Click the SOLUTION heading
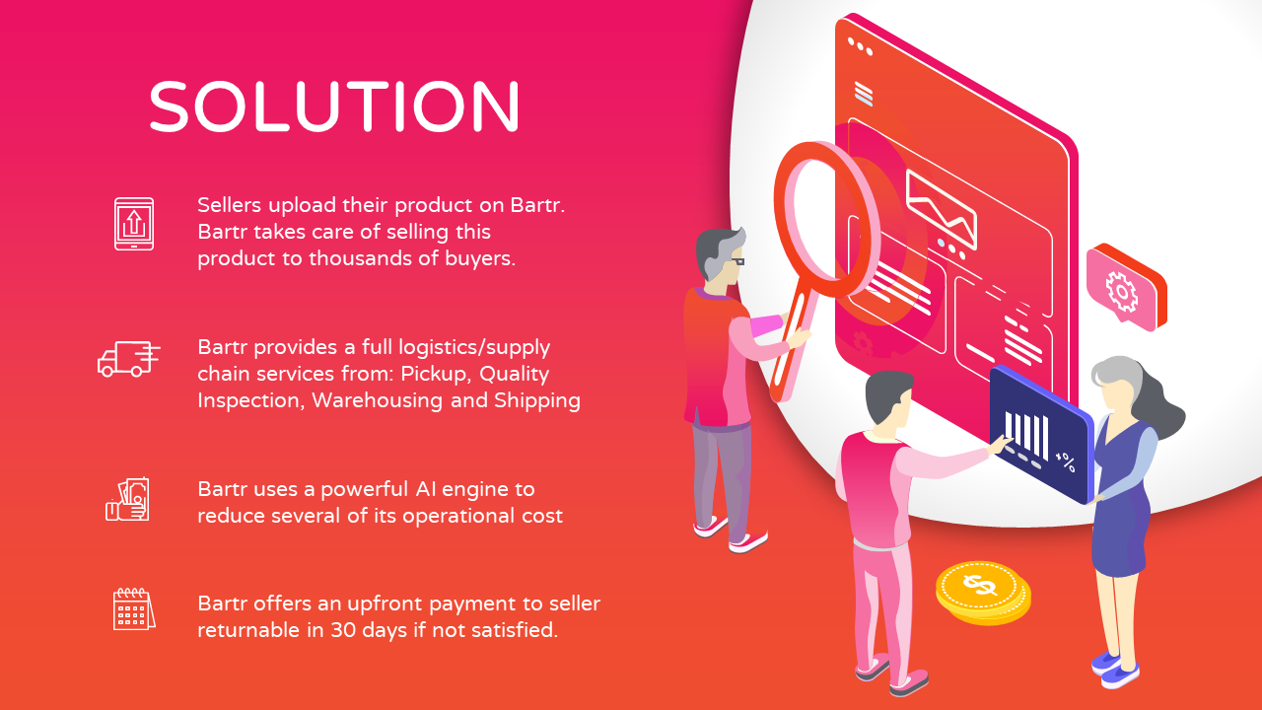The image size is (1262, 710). tap(334, 106)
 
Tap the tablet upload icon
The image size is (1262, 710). tap(134, 223)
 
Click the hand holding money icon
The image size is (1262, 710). tap(128, 499)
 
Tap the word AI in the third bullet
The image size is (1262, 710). tap(427, 489)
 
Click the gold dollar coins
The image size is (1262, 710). tap(982, 591)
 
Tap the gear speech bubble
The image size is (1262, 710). tap(1123, 288)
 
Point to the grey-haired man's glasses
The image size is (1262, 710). tap(736, 261)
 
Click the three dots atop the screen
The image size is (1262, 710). tap(860, 46)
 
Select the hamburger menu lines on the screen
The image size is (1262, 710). tap(864, 95)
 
